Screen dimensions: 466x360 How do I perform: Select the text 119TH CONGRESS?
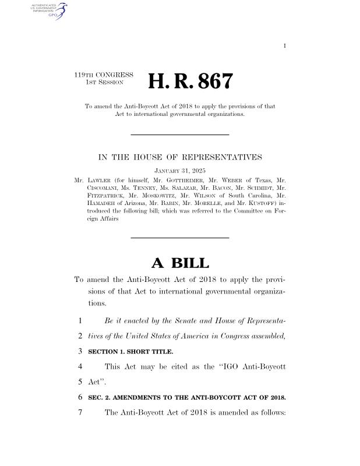(104, 75)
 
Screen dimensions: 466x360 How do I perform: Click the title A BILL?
(179, 263)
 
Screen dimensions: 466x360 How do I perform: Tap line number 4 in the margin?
(78, 367)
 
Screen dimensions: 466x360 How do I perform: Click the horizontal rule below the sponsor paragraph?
(179, 238)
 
